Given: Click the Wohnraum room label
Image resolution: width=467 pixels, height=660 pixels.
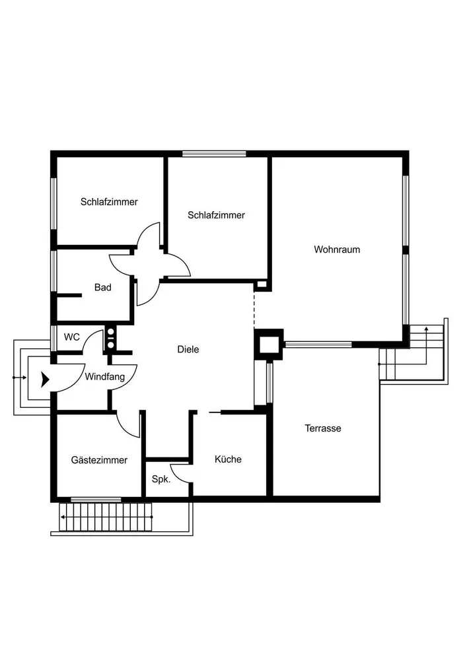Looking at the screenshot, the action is pyautogui.click(x=337, y=249).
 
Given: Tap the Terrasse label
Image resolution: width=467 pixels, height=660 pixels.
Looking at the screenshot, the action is pyautogui.click(x=323, y=428).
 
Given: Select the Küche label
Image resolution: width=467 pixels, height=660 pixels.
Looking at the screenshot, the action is pyautogui.click(x=228, y=459).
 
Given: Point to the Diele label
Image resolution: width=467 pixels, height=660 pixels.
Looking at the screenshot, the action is pyautogui.click(x=188, y=350).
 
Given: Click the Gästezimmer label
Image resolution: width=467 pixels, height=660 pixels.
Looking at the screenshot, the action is pyautogui.click(x=99, y=460).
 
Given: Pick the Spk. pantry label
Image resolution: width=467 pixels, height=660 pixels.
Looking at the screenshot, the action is pyautogui.click(x=161, y=480).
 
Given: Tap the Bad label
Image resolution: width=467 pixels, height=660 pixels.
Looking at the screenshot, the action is pyautogui.click(x=102, y=287).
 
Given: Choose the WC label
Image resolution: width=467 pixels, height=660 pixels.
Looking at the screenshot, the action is pyautogui.click(x=72, y=337).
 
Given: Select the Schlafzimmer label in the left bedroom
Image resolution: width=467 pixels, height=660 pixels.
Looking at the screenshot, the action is pyautogui.click(x=110, y=202).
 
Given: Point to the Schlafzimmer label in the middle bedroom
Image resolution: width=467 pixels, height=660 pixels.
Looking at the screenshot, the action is pyautogui.click(x=216, y=215).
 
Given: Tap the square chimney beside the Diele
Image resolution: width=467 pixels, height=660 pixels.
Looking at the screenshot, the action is pyautogui.click(x=269, y=344).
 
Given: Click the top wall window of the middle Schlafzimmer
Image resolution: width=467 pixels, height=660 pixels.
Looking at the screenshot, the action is pyautogui.click(x=214, y=154).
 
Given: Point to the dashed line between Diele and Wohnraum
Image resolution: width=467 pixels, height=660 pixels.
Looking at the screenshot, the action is pyautogui.click(x=254, y=307).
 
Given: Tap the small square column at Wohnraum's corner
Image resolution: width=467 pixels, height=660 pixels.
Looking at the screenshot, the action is pyautogui.click(x=262, y=285).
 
